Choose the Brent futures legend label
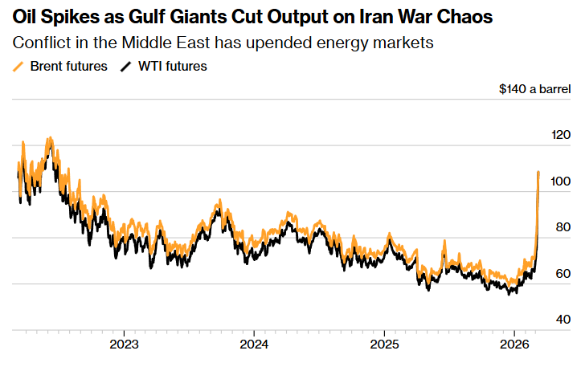68,67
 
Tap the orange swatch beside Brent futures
20,67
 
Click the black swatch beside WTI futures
125,67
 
